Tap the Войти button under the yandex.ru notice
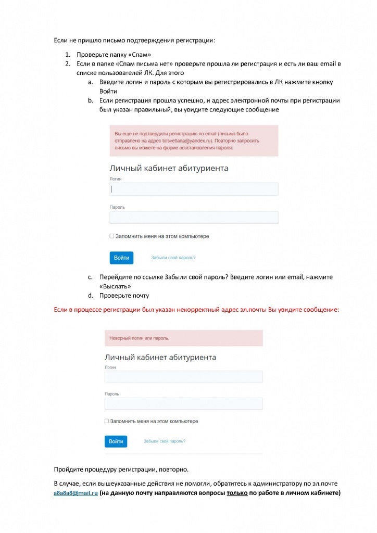pyautogui.click(x=121, y=258)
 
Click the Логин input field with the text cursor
pyautogui.click(x=194, y=189)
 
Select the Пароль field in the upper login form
pyautogui.click(x=194, y=217)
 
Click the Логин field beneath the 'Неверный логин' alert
pyautogui.click(x=183, y=377)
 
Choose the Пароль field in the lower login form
pyautogui.click(x=183, y=404)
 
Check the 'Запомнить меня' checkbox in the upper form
pyautogui.click(x=112, y=236)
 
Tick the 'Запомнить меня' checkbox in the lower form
pyautogui.click(x=107, y=421)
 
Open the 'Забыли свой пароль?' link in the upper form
pyautogui.click(x=173, y=258)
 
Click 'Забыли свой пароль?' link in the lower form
pyautogui.click(x=165, y=441)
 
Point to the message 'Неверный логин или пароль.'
pyautogui.click(x=139, y=338)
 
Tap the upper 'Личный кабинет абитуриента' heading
pyautogui.click(x=169, y=168)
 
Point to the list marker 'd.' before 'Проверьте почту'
pyautogui.click(x=91, y=296)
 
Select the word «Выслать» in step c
pyautogui.click(x=115, y=286)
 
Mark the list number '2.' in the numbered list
pyautogui.click(x=68, y=64)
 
